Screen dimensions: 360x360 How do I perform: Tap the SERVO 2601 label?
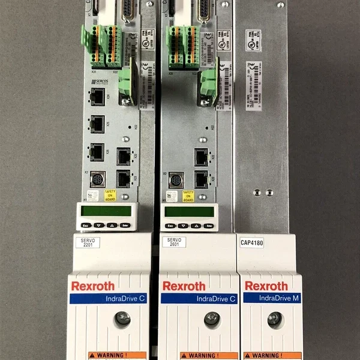coord(173,242)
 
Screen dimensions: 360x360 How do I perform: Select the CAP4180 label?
coord(252,243)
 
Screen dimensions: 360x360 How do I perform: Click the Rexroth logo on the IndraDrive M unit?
coord(266,286)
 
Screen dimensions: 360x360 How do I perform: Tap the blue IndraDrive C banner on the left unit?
coord(109,298)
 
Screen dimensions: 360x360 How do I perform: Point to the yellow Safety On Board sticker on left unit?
coord(110,194)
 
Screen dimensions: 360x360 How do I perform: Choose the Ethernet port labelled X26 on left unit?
coord(97,151)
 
